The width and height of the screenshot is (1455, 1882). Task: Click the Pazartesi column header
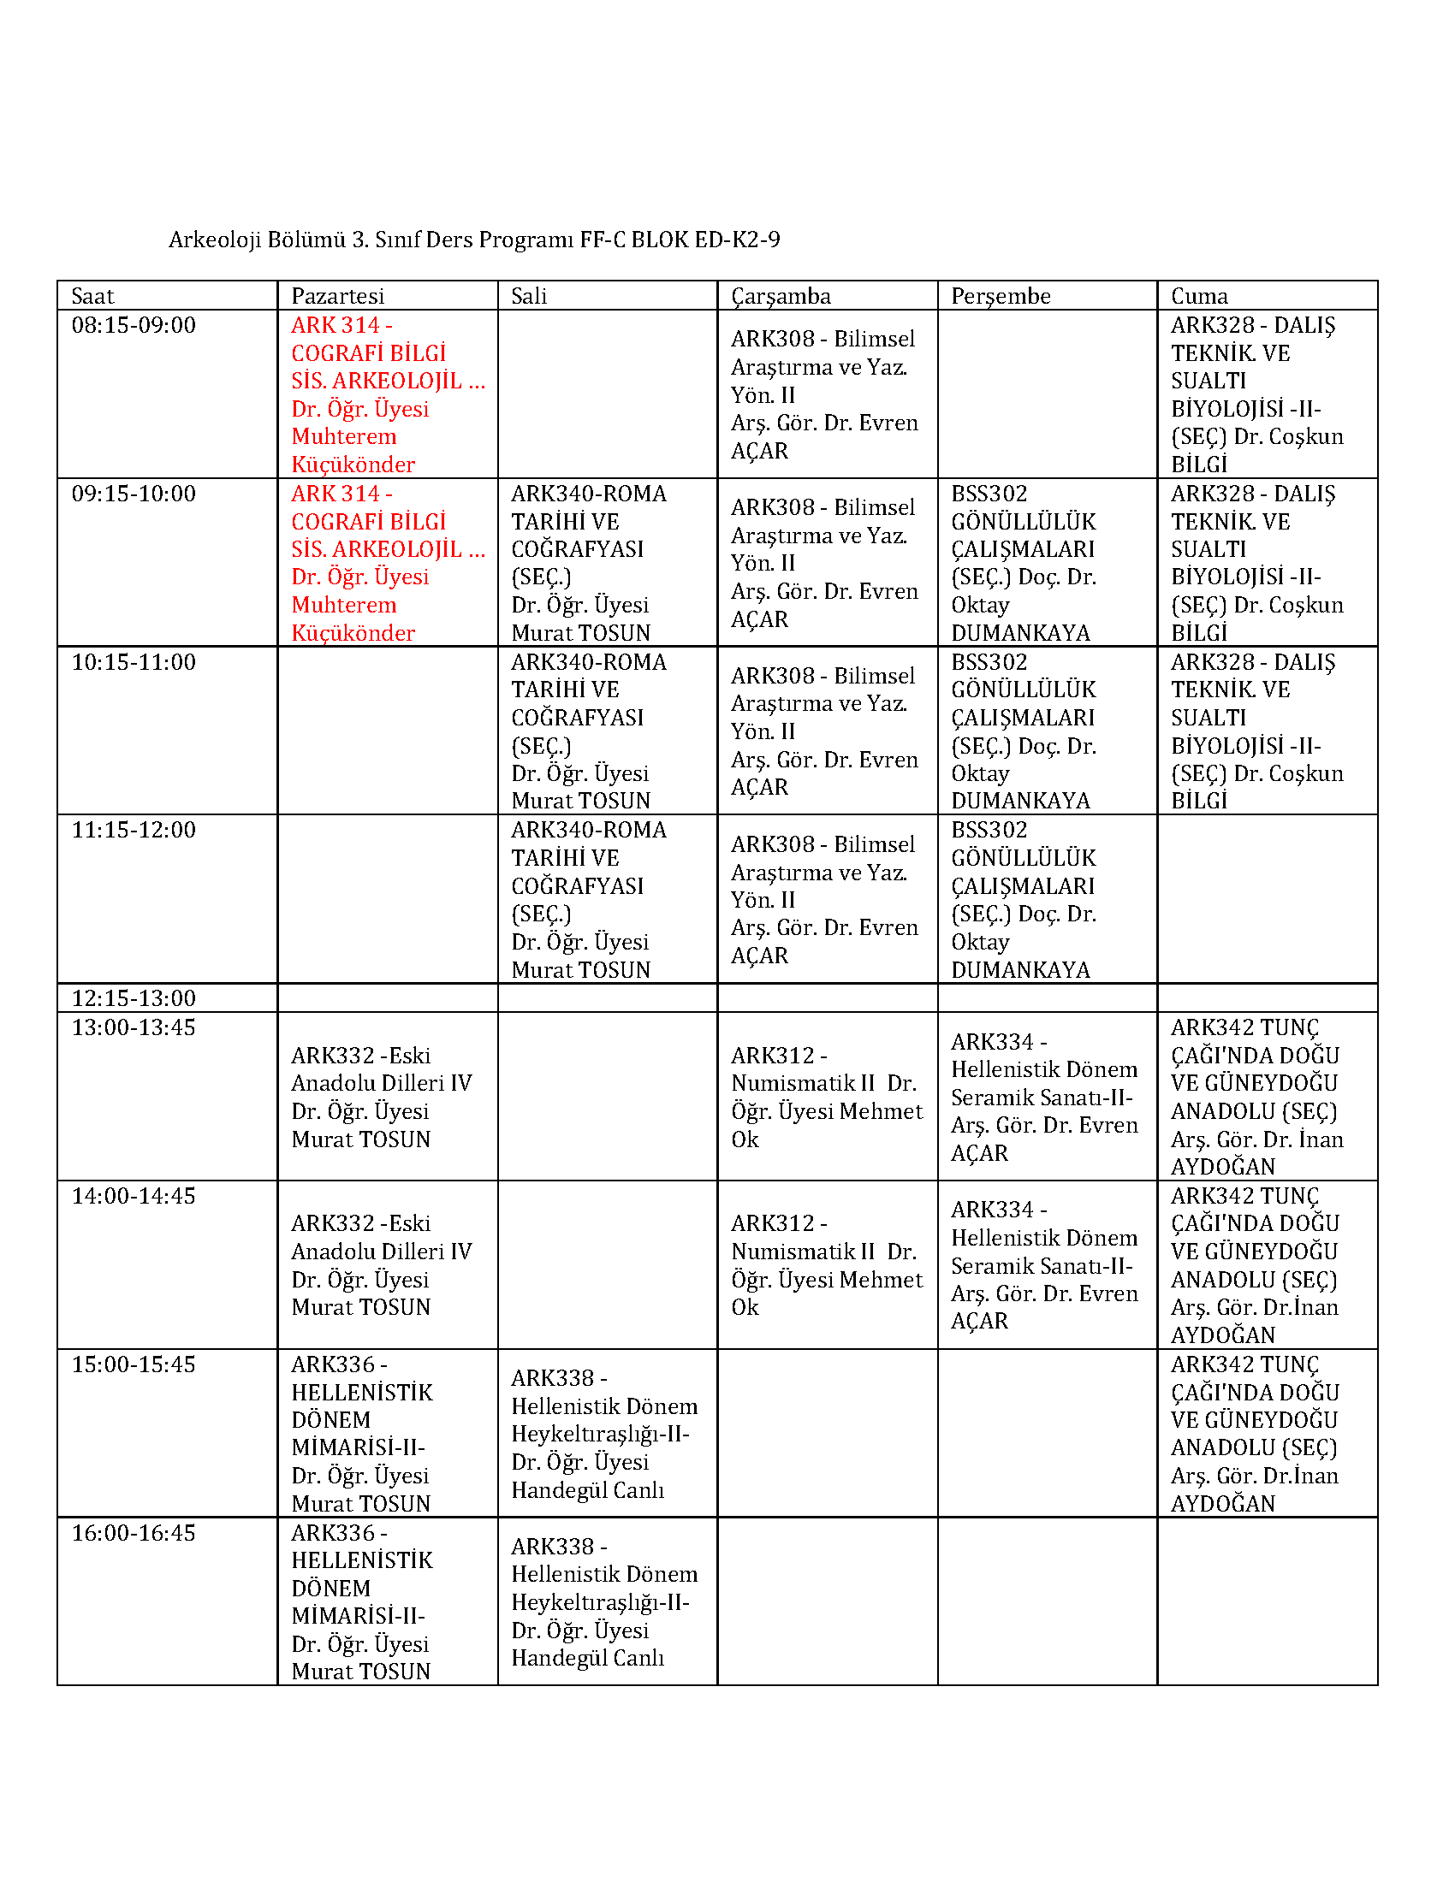coord(338,296)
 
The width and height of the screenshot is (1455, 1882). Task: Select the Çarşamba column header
coord(781,296)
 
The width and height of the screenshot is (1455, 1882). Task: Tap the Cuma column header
coord(1199,296)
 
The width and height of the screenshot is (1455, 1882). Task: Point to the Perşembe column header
coord(1001,296)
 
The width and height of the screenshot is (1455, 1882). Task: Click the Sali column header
coord(529,296)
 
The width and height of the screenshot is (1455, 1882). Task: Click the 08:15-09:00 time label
coord(134,325)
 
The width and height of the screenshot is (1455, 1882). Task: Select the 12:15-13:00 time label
coord(134,997)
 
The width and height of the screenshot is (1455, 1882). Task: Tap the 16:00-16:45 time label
coord(134,1533)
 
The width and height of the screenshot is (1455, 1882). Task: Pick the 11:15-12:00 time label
coord(134,830)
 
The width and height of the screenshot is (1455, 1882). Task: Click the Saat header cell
coord(92,296)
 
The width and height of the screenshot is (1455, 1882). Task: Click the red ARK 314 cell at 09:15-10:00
coord(387,563)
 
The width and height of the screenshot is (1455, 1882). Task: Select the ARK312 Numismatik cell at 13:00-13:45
coord(826,1097)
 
